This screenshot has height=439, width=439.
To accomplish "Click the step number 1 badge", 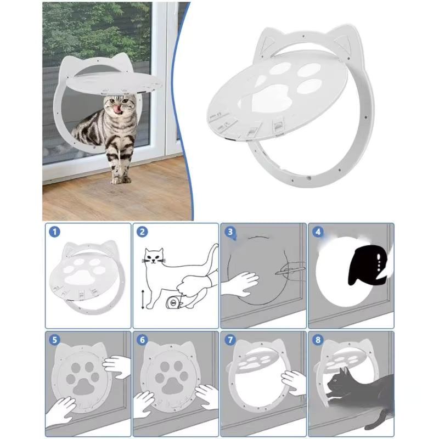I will point(54,232).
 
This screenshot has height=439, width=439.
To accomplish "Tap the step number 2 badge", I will point(142,232).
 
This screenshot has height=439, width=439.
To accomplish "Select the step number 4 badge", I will point(317,232).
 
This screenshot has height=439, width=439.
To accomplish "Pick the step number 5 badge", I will point(54,340).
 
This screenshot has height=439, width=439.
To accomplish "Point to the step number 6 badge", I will point(142,340).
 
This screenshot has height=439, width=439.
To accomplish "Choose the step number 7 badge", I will point(229,340).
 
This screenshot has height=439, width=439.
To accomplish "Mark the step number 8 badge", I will point(317,340).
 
